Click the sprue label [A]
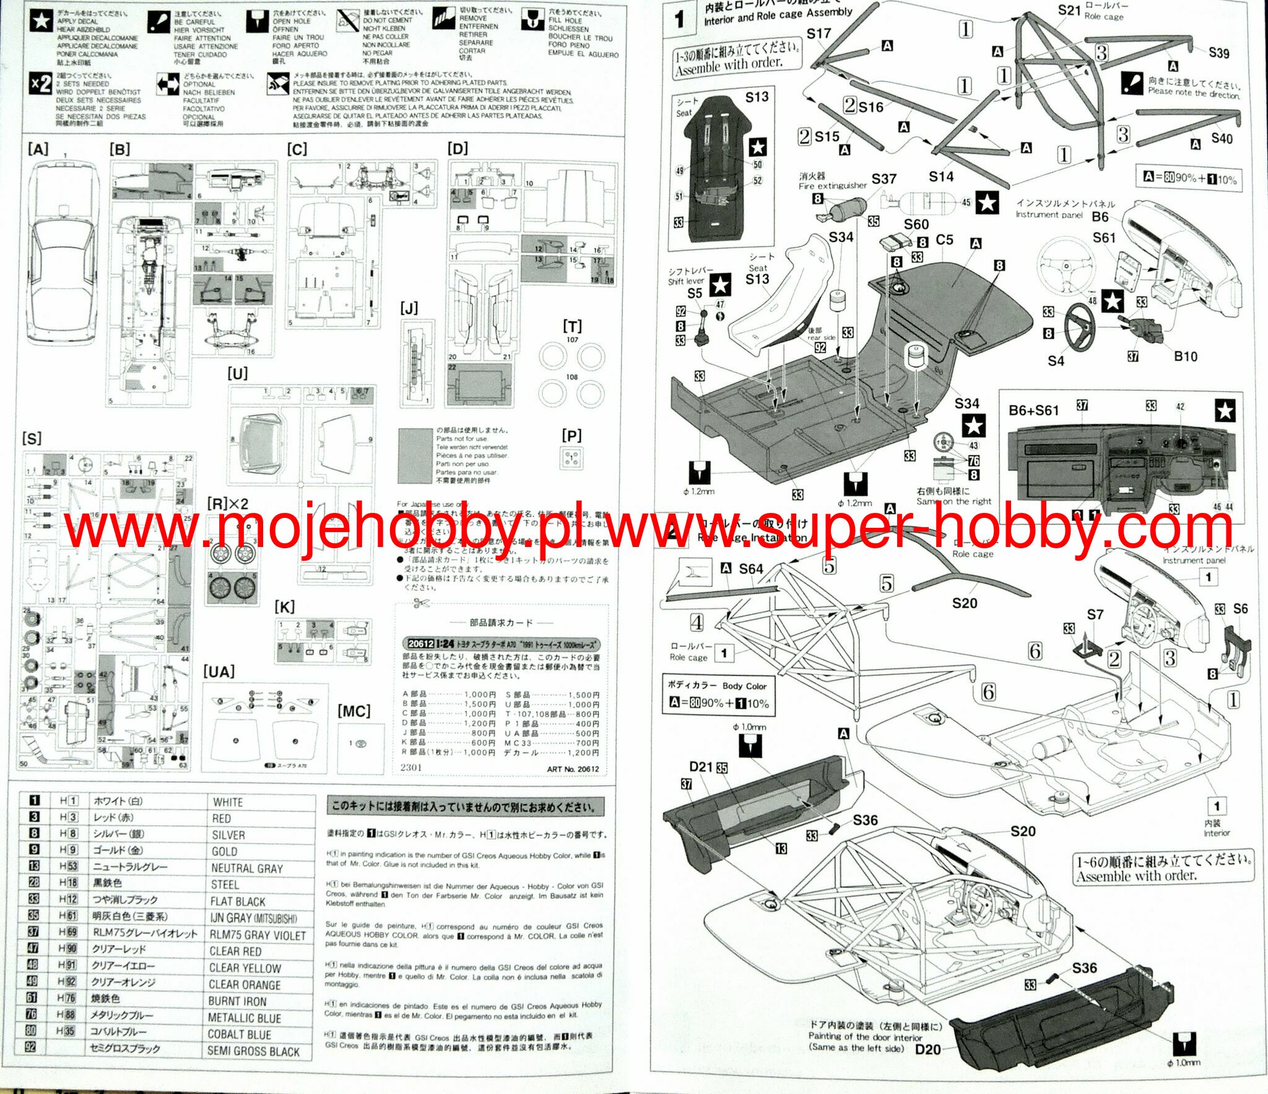(38, 149)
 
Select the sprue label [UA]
(219, 672)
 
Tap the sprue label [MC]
(354, 711)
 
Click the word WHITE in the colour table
(228, 802)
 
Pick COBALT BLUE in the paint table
(239, 1034)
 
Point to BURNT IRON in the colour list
(237, 1001)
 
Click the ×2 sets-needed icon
(41, 84)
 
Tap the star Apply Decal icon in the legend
(41, 22)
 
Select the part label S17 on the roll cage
(819, 33)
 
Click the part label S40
(1222, 139)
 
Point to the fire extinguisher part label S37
(884, 179)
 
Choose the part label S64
(750, 569)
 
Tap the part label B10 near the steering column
(1185, 356)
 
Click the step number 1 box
(680, 19)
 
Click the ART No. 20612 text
(573, 769)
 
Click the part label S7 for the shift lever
(1095, 615)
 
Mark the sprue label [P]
(571, 436)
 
